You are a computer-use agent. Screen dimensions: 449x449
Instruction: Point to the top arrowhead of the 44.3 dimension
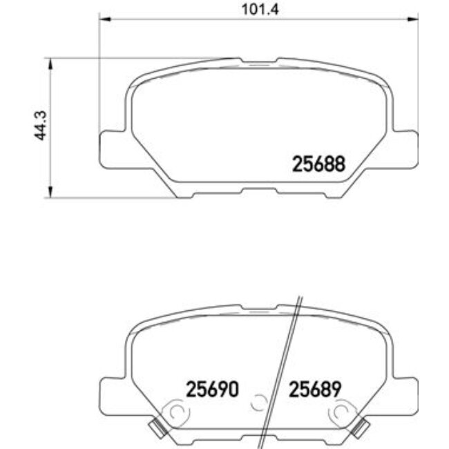50,63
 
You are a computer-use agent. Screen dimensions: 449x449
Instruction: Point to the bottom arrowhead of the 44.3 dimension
50,194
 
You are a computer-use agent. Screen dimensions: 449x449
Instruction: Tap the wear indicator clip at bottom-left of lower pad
158,429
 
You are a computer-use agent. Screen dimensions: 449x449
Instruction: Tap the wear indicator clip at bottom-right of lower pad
360,429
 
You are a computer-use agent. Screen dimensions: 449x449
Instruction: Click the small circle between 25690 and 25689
260,401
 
